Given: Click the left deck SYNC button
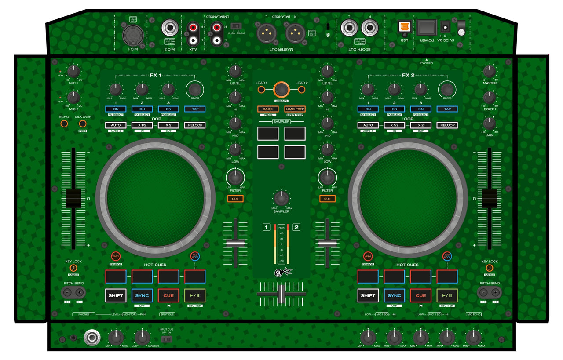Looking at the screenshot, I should point(142,295).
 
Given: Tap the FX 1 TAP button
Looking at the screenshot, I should point(195,109).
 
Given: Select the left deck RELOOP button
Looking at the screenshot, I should point(195,125).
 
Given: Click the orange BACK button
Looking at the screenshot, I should point(268,109).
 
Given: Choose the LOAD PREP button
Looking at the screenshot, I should point(295,109).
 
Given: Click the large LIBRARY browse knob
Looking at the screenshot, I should point(281,90).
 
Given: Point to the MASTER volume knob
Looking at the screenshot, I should point(489,71).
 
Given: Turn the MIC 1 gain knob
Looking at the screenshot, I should point(73,71).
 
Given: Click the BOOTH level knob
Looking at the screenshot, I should point(489,97).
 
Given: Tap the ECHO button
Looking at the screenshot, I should point(64,124).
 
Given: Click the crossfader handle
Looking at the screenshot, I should point(280,294).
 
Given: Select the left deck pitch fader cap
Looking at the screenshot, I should point(73,199).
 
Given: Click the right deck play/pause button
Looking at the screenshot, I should point(447,295).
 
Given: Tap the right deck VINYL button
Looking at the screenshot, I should point(368,256).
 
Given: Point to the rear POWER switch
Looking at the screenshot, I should point(427,27).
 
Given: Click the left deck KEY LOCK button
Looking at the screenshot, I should point(73,268).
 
